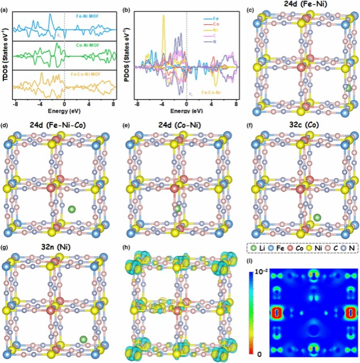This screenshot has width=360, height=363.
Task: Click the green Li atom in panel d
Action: (x=72, y=209)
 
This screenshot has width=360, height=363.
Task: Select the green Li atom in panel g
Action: (x=84, y=339)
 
